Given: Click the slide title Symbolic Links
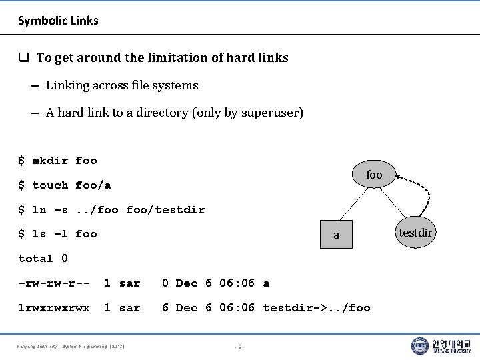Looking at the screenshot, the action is click(58, 21).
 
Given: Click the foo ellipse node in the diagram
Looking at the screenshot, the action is click(374, 175).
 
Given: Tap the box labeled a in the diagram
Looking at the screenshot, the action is click(336, 234).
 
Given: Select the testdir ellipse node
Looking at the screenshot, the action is click(416, 233).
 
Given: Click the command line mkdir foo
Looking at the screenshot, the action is click(57, 161).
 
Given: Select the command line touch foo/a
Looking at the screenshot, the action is click(64, 185).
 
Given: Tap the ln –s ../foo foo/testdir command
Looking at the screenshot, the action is click(111, 210).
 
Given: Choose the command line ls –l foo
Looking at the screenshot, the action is click(57, 234).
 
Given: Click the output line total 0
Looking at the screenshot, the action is click(43, 259).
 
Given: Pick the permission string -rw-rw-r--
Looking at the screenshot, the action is click(54, 283).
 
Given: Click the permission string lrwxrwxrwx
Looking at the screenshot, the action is click(54, 308).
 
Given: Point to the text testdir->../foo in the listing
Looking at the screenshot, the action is click(316, 308).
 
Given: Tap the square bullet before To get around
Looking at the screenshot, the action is click(23, 58).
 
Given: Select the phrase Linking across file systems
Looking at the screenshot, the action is click(122, 85).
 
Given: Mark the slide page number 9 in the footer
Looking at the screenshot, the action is click(240, 346).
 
